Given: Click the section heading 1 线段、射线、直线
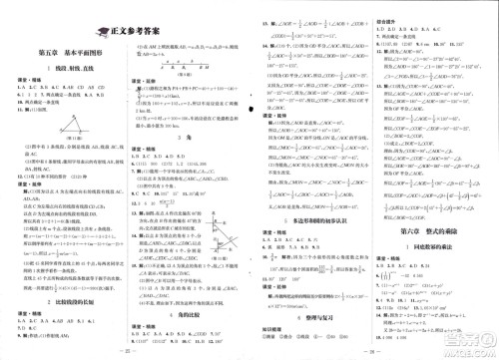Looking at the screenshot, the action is (x=67, y=82).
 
